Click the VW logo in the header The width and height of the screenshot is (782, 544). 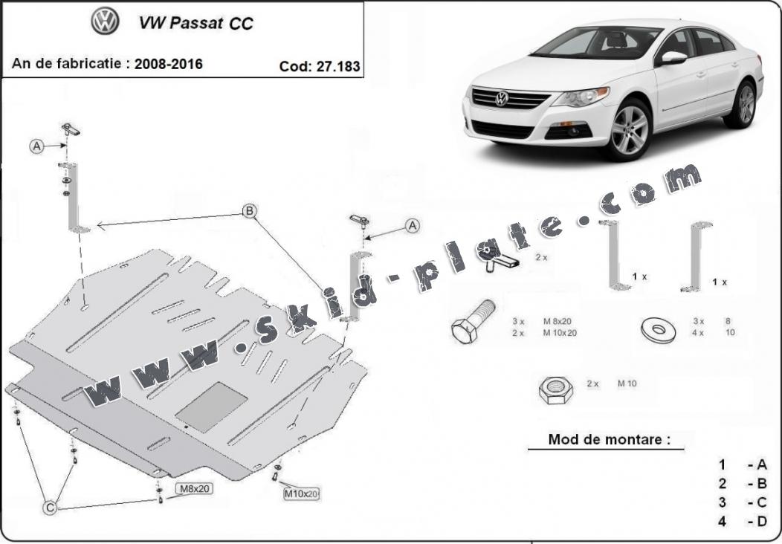pos(105,22)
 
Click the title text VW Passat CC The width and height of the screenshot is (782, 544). pos(195,23)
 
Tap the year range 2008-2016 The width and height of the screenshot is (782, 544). pos(168,64)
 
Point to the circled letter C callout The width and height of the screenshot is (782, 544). pos(50,508)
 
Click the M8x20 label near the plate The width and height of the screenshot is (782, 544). pos(193,489)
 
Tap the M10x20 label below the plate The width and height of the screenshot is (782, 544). pos(301,493)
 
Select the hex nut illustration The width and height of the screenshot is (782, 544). pos(554,389)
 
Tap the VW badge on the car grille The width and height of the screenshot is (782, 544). pos(502,98)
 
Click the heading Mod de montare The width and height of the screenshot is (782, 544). pos(604,439)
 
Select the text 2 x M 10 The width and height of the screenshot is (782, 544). pos(611,384)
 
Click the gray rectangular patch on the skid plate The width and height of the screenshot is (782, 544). pos(211,407)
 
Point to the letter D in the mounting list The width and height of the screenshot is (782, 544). pos(760,521)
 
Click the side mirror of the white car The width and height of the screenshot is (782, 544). pos(673,57)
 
